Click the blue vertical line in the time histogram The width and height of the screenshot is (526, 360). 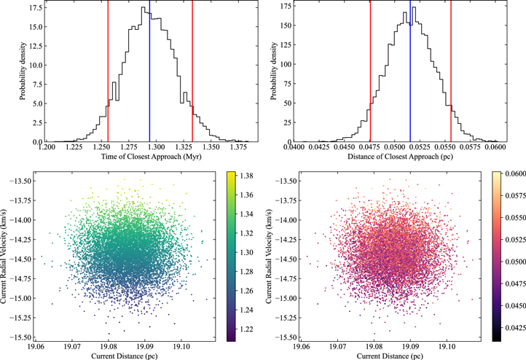point(149,73)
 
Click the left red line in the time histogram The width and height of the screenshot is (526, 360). point(108,73)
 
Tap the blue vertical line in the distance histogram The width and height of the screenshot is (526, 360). point(410,73)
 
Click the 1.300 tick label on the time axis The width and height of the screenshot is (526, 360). point(148,148)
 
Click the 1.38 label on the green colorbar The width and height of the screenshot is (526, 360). point(248,176)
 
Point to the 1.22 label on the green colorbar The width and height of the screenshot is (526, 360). point(248,329)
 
